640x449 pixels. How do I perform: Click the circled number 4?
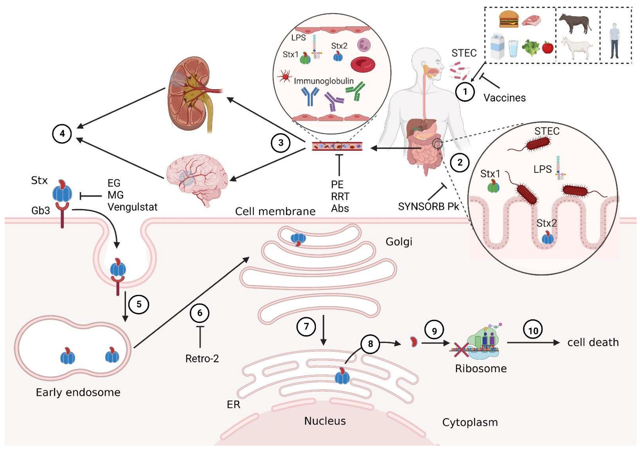(x=62, y=134)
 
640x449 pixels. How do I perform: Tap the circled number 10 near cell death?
(x=533, y=330)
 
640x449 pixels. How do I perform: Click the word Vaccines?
(x=504, y=98)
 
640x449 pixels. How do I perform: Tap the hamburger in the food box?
(x=509, y=20)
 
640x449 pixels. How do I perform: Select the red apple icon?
(x=548, y=47)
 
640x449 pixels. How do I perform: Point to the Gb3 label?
(x=41, y=211)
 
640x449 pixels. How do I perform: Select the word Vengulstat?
(x=132, y=207)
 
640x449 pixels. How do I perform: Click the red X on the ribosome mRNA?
(x=461, y=350)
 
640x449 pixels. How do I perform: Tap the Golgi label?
(x=399, y=242)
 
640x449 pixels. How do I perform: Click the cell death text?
(x=593, y=342)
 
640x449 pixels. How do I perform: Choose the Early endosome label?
(x=78, y=392)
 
